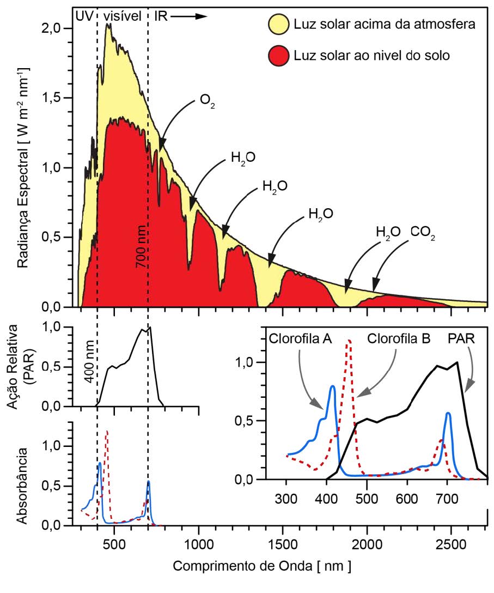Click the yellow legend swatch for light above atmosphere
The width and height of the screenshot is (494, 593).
pyautogui.click(x=278, y=25)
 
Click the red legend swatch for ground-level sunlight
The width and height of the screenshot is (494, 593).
pyautogui.click(x=278, y=56)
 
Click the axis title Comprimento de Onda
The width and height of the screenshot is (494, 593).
pyautogui.click(x=262, y=567)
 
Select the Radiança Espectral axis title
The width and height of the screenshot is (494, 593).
pyautogui.click(x=23, y=169)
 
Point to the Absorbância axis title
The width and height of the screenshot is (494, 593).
pyautogui.click(x=23, y=486)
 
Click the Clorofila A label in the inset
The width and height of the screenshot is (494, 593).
pyautogui.click(x=301, y=338)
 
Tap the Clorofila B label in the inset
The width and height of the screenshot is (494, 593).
pyautogui.click(x=399, y=338)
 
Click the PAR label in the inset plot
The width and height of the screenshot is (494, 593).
pyautogui.click(x=461, y=338)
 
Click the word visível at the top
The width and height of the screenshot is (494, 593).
pyautogui.click(x=123, y=15)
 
